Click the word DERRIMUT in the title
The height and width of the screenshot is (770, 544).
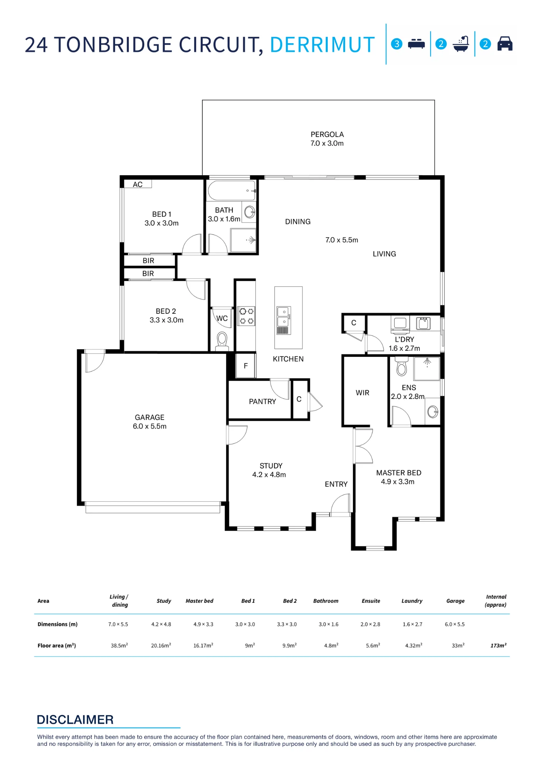coord(322,45)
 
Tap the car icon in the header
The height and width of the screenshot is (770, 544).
coord(505,44)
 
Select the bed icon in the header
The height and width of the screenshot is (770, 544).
coord(416,44)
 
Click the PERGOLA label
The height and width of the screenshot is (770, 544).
coord(327,134)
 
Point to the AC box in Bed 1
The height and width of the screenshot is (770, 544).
coord(138,184)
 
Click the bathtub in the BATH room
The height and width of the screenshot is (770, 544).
coord(232,190)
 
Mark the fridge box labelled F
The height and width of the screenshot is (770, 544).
coord(245,366)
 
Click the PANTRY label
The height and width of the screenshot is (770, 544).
coord(262,402)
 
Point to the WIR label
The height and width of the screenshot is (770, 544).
coord(362,393)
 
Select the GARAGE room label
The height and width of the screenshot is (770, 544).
coord(150,417)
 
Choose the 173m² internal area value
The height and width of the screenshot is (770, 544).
coord(498,645)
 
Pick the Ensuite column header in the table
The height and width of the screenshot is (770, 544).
coord(371,601)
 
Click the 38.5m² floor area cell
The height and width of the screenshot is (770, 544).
coord(119,645)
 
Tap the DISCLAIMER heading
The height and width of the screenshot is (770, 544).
coord(75,720)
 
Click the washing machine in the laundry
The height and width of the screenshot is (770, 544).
coord(400,323)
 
